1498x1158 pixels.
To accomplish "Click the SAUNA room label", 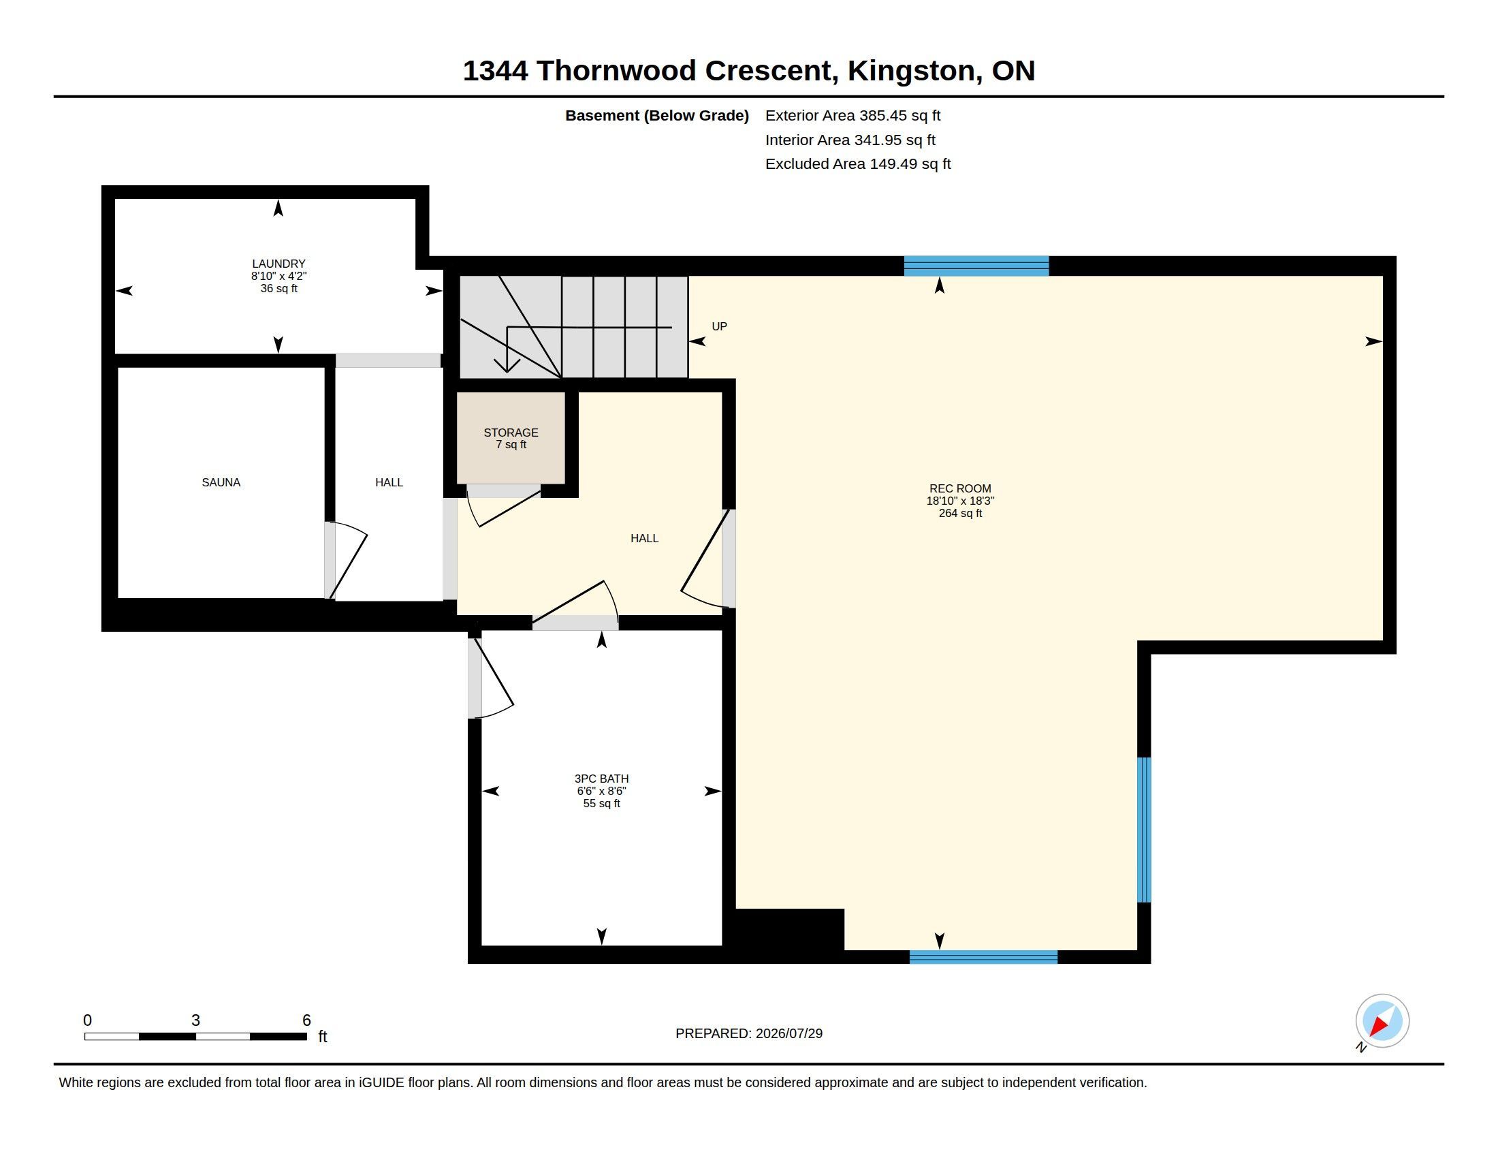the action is [221, 482].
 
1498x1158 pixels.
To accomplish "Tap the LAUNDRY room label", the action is [278, 264].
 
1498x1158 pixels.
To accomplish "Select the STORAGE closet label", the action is [511, 432].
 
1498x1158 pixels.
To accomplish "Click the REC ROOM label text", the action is [960, 488].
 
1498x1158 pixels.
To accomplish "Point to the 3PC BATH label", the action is [601, 779].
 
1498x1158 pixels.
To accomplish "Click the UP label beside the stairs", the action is [720, 326].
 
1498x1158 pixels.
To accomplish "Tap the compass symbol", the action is [1382, 1022].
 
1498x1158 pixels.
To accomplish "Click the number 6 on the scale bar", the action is [306, 1020].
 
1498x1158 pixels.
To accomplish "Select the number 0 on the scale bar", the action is [87, 1020].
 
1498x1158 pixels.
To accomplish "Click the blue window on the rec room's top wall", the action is [976, 266].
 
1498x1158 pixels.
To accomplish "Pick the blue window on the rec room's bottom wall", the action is [984, 957].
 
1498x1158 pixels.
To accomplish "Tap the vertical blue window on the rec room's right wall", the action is [1144, 830].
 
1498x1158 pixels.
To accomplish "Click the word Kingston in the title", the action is [912, 71].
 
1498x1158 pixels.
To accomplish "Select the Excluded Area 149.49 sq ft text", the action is [858, 164].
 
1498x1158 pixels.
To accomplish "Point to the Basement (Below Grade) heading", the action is [657, 116].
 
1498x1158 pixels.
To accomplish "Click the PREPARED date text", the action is [749, 1033].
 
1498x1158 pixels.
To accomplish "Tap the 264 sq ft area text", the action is [960, 513].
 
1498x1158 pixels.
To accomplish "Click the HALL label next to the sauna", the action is [389, 482].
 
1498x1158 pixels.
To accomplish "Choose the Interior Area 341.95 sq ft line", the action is [850, 140].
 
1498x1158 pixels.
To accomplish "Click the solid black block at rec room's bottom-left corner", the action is [788, 930].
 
